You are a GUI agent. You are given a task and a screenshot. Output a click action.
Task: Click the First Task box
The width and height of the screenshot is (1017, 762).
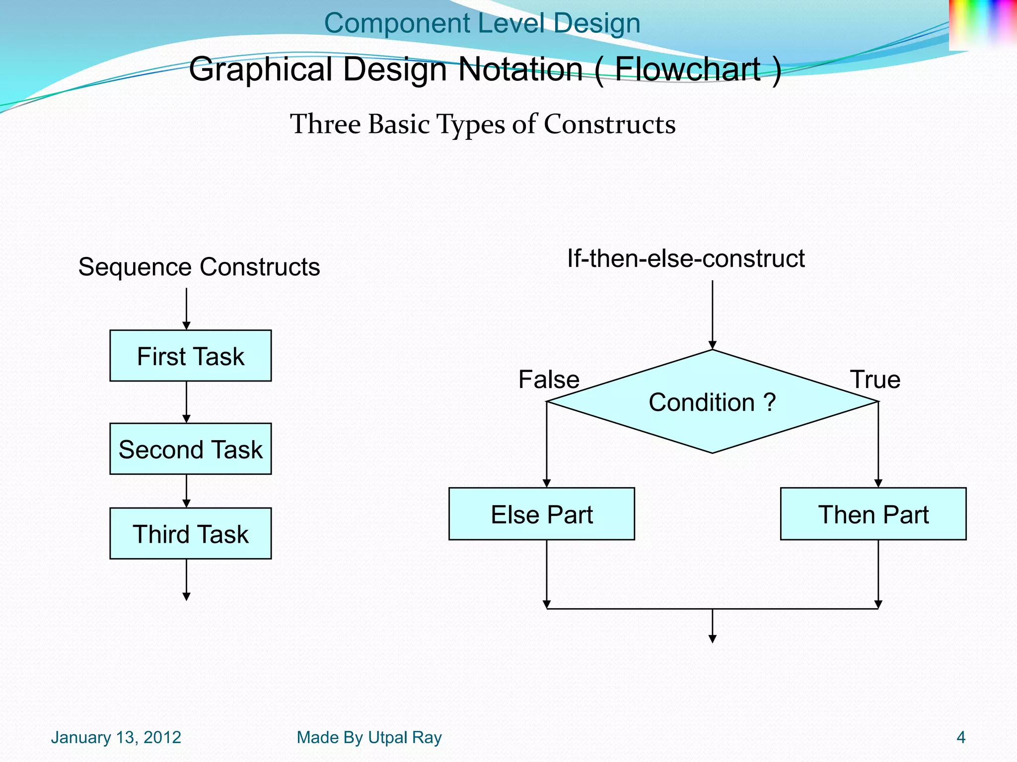[190, 356]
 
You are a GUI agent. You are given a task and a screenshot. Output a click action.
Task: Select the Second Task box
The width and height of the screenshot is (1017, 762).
[190, 449]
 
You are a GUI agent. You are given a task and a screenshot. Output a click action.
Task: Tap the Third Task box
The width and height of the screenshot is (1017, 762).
[190, 534]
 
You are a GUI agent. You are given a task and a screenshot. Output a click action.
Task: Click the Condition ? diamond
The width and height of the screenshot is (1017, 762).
[712, 402]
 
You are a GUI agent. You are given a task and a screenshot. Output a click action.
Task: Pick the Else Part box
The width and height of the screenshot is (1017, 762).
[541, 514]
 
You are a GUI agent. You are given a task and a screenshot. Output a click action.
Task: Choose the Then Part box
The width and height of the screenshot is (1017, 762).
[873, 514]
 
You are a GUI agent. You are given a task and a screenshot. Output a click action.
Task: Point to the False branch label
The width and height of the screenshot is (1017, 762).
[549, 380]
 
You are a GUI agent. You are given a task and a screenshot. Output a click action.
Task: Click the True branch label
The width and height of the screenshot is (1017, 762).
[875, 380]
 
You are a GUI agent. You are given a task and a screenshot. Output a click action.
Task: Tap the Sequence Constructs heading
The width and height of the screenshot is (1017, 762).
[199, 267]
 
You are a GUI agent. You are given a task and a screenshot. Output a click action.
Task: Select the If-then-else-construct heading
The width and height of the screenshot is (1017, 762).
[685, 258]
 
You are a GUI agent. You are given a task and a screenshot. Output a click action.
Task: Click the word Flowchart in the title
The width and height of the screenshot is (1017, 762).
[688, 69]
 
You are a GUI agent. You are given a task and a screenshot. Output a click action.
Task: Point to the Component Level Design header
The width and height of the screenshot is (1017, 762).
[482, 23]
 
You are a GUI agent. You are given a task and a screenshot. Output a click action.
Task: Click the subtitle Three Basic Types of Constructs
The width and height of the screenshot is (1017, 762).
[483, 124]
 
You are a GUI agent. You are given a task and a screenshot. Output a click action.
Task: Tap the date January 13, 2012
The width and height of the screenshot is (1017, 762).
[116, 737]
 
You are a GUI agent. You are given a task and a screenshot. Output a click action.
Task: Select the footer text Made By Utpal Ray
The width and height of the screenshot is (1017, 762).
[369, 737]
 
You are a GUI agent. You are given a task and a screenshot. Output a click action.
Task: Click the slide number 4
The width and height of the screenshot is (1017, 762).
[960, 737]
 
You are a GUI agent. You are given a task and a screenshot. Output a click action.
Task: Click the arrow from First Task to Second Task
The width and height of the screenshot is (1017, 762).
[186, 402]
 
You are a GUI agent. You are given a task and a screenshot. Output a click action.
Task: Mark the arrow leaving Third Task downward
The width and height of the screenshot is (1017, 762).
[186, 579]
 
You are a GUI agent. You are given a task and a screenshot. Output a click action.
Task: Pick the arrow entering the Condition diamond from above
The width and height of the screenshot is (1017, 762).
[712, 315]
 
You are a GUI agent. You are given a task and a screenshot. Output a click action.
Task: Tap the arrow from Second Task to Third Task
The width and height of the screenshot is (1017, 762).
[186, 491]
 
